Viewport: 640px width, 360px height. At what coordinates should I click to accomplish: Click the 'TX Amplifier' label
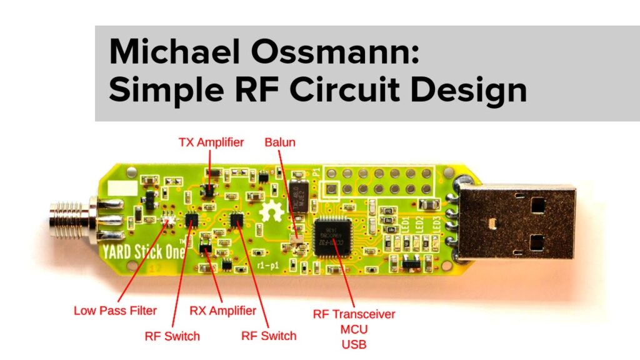click(x=211, y=143)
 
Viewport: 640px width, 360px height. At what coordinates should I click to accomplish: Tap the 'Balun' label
click(x=279, y=142)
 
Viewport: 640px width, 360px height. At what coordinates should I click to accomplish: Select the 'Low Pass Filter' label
click(x=115, y=310)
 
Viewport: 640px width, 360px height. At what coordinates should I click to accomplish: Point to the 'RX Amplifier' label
click(x=222, y=310)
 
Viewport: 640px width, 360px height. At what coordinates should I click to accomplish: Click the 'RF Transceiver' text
click(x=354, y=314)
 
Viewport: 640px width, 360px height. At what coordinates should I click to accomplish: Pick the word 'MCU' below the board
click(x=354, y=329)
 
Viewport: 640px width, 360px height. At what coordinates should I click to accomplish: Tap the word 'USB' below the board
click(x=354, y=344)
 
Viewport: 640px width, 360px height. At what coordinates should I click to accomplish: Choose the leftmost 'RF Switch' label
click(x=172, y=336)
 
